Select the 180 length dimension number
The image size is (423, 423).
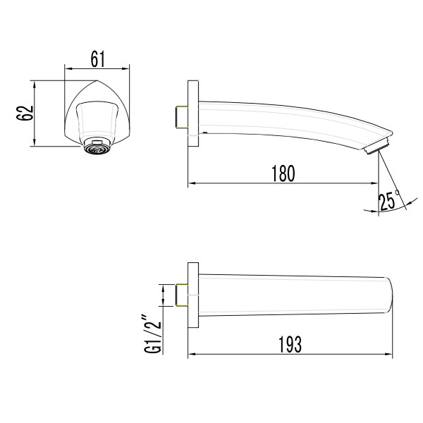tap(282, 173)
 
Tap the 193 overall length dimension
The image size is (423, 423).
tap(289, 343)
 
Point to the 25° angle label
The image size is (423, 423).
tap(388, 200)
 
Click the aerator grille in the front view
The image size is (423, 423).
tap(97, 147)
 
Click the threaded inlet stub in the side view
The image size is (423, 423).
tap(179, 117)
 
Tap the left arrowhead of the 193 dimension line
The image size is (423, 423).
tap(191, 354)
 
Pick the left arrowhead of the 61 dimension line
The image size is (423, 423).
tap(68, 68)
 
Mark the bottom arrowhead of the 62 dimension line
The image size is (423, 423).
tap(34, 145)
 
